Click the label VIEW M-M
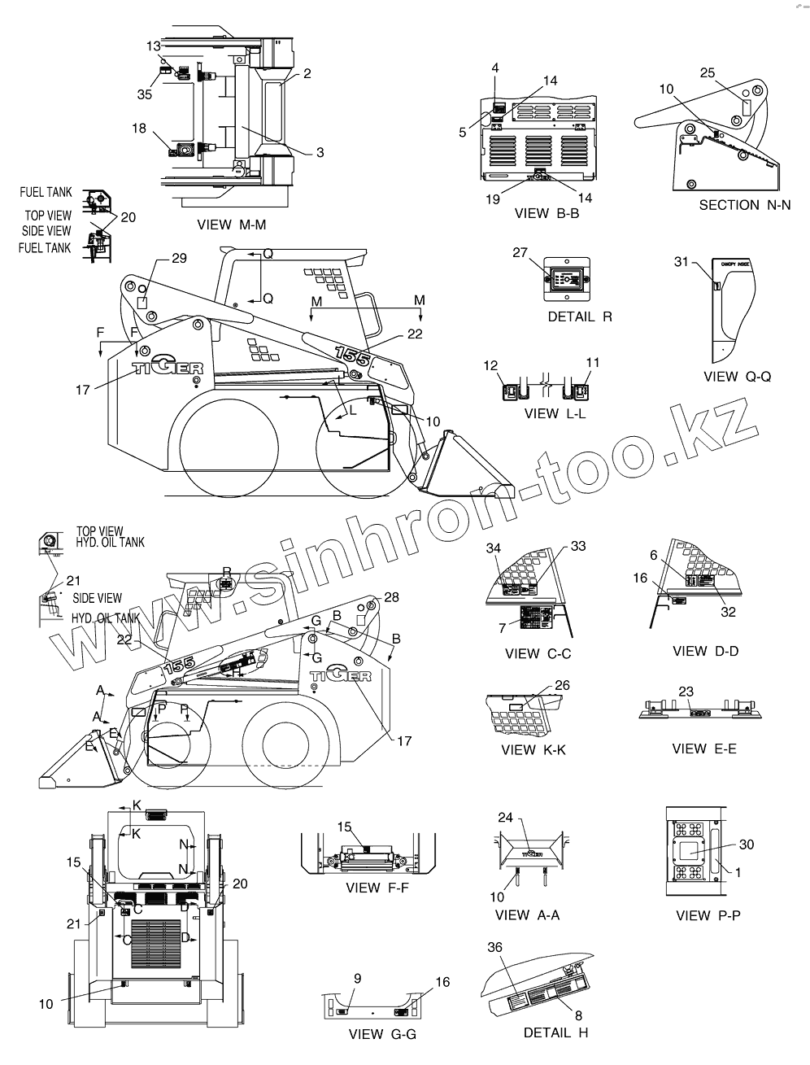[x=232, y=225]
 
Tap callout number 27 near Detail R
[x=520, y=252]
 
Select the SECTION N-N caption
[x=744, y=205]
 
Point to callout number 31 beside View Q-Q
[x=682, y=261]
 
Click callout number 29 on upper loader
[x=179, y=258]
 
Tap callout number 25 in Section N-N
[x=708, y=73]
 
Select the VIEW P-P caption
[x=708, y=915]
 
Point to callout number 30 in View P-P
[x=746, y=845]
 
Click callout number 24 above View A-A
[x=505, y=818]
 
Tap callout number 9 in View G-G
[x=358, y=978]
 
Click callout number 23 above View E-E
[x=686, y=692]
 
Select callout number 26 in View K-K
[x=563, y=685]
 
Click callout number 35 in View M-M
[x=145, y=94]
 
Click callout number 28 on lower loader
[x=391, y=597]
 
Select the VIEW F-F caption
[x=377, y=888]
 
